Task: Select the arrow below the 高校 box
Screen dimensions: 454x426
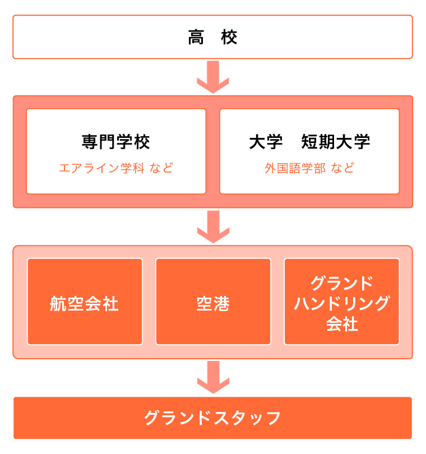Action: pyautogui.click(x=213, y=77)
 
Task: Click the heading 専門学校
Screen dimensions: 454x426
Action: pyautogui.click(x=116, y=142)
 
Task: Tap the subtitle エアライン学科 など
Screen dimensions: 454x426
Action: pyautogui.click(x=116, y=168)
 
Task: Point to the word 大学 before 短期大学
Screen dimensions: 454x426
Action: pyautogui.click(x=266, y=142)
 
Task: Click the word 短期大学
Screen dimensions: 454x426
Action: pyautogui.click(x=335, y=142)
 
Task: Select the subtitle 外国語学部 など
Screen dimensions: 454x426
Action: pyautogui.click(x=309, y=168)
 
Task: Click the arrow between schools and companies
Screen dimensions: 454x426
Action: pyautogui.click(x=213, y=226)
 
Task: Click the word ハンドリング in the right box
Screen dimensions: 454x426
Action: pyautogui.click(x=342, y=303)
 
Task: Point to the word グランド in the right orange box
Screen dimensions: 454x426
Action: pyautogui.click(x=342, y=283)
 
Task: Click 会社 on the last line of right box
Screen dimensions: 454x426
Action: pyautogui.click(x=342, y=324)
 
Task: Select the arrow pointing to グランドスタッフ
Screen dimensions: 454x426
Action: pyautogui.click(x=213, y=377)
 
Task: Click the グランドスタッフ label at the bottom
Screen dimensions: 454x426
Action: pyautogui.click(x=212, y=418)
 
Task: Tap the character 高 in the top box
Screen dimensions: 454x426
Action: pyautogui.click(x=196, y=38)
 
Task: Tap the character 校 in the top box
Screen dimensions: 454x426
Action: pyautogui.click(x=229, y=38)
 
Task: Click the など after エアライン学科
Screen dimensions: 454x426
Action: pyautogui.click(x=161, y=168)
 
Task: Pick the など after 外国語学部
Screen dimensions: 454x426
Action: pyautogui.click(x=342, y=168)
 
